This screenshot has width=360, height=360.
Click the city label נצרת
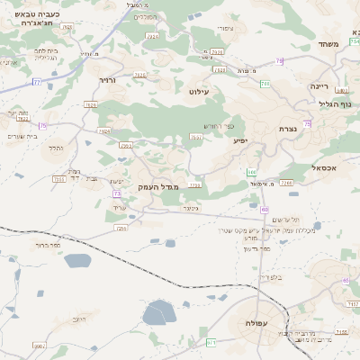(288, 129)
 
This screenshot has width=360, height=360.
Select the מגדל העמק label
(159, 186)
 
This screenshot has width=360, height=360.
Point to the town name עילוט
(199, 92)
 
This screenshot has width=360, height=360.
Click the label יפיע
(240, 141)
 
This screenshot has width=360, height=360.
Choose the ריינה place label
(320, 86)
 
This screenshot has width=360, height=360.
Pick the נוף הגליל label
(334, 103)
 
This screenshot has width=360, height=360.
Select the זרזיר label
(107, 80)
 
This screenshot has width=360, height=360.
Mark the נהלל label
(56, 148)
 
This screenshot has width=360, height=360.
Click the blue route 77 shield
(37, 82)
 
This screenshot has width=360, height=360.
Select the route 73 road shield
(118, 193)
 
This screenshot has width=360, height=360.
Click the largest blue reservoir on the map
(158, 312)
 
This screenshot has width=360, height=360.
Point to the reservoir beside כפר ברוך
(77, 261)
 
